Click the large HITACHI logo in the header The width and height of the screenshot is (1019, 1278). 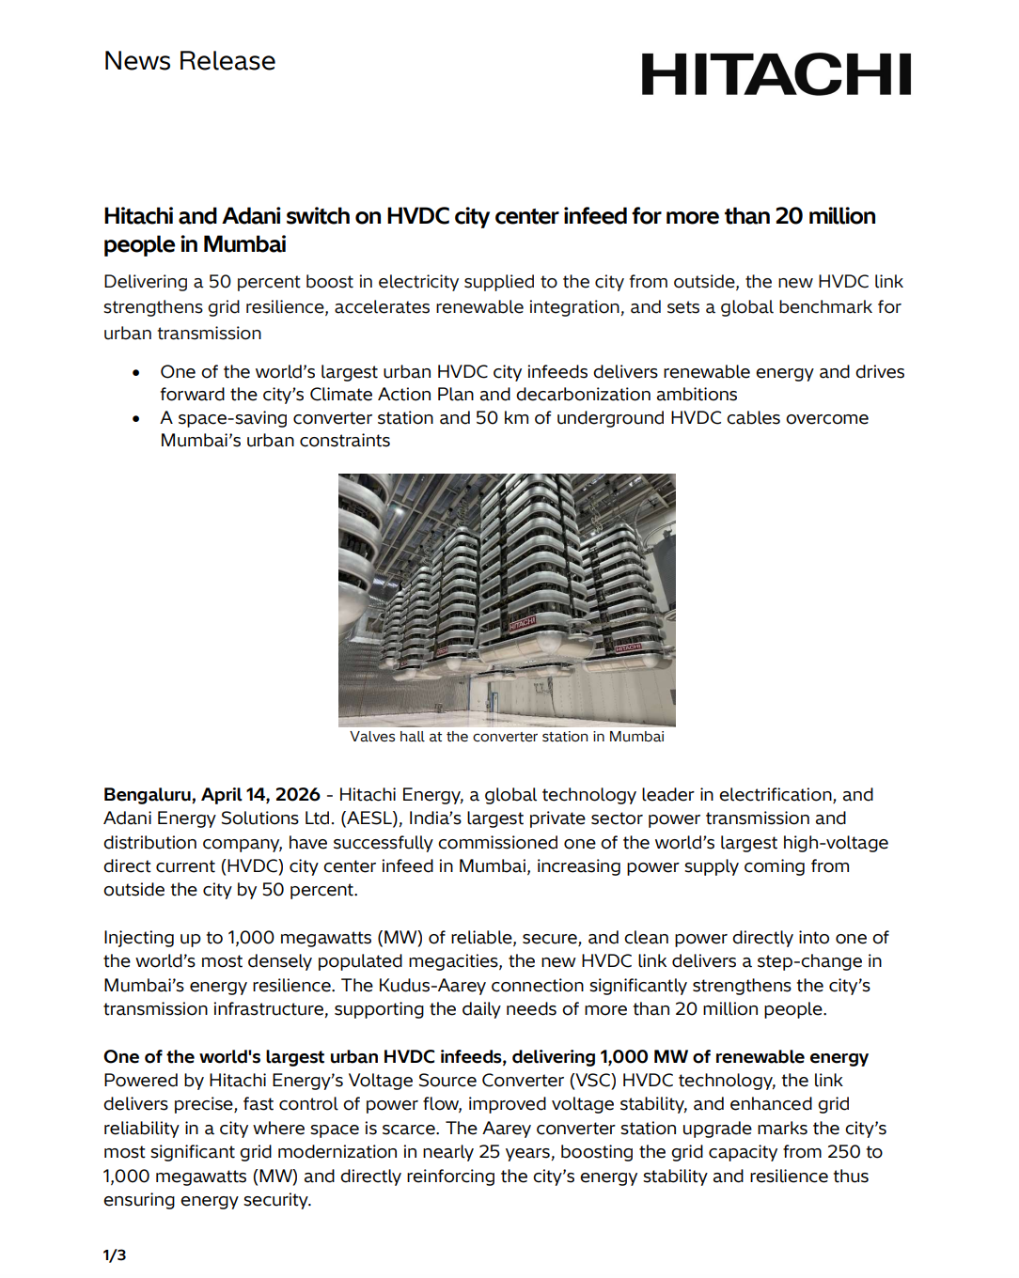[776, 74]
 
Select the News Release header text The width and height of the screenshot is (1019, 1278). [190, 61]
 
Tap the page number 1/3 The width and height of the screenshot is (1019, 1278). [115, 1255]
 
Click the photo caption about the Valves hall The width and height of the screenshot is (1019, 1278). [507, 737]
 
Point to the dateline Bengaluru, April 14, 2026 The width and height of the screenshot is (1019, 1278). [212, 795]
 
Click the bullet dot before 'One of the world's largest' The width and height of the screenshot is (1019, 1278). [136, 373]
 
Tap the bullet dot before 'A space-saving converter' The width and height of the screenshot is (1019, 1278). [136, 419]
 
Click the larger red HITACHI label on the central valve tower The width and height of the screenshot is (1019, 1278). [522, 623]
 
